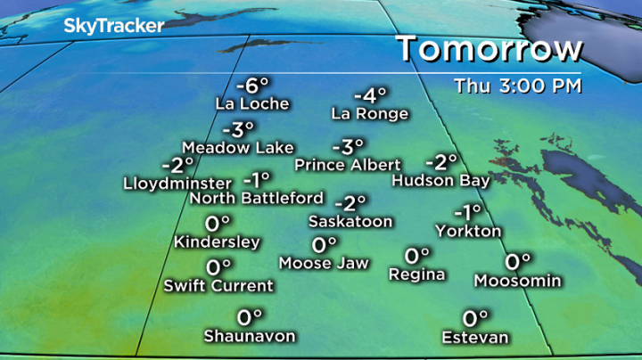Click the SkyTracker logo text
pos(113,26)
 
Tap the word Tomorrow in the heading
pos(490,48)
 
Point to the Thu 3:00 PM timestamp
pos(518,86)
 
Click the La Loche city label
pos(252,103)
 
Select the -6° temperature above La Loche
pos(252,86)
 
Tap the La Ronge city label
pos(369,113)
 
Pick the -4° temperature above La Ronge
pos(369,95)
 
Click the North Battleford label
pos(257,197)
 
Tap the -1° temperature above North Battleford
pos(257,179)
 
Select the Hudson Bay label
pos(440,181)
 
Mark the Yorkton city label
pos(468,231)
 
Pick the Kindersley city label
pos(218,241)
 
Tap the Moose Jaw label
pos(323,263)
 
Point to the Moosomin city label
pos(518,281)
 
